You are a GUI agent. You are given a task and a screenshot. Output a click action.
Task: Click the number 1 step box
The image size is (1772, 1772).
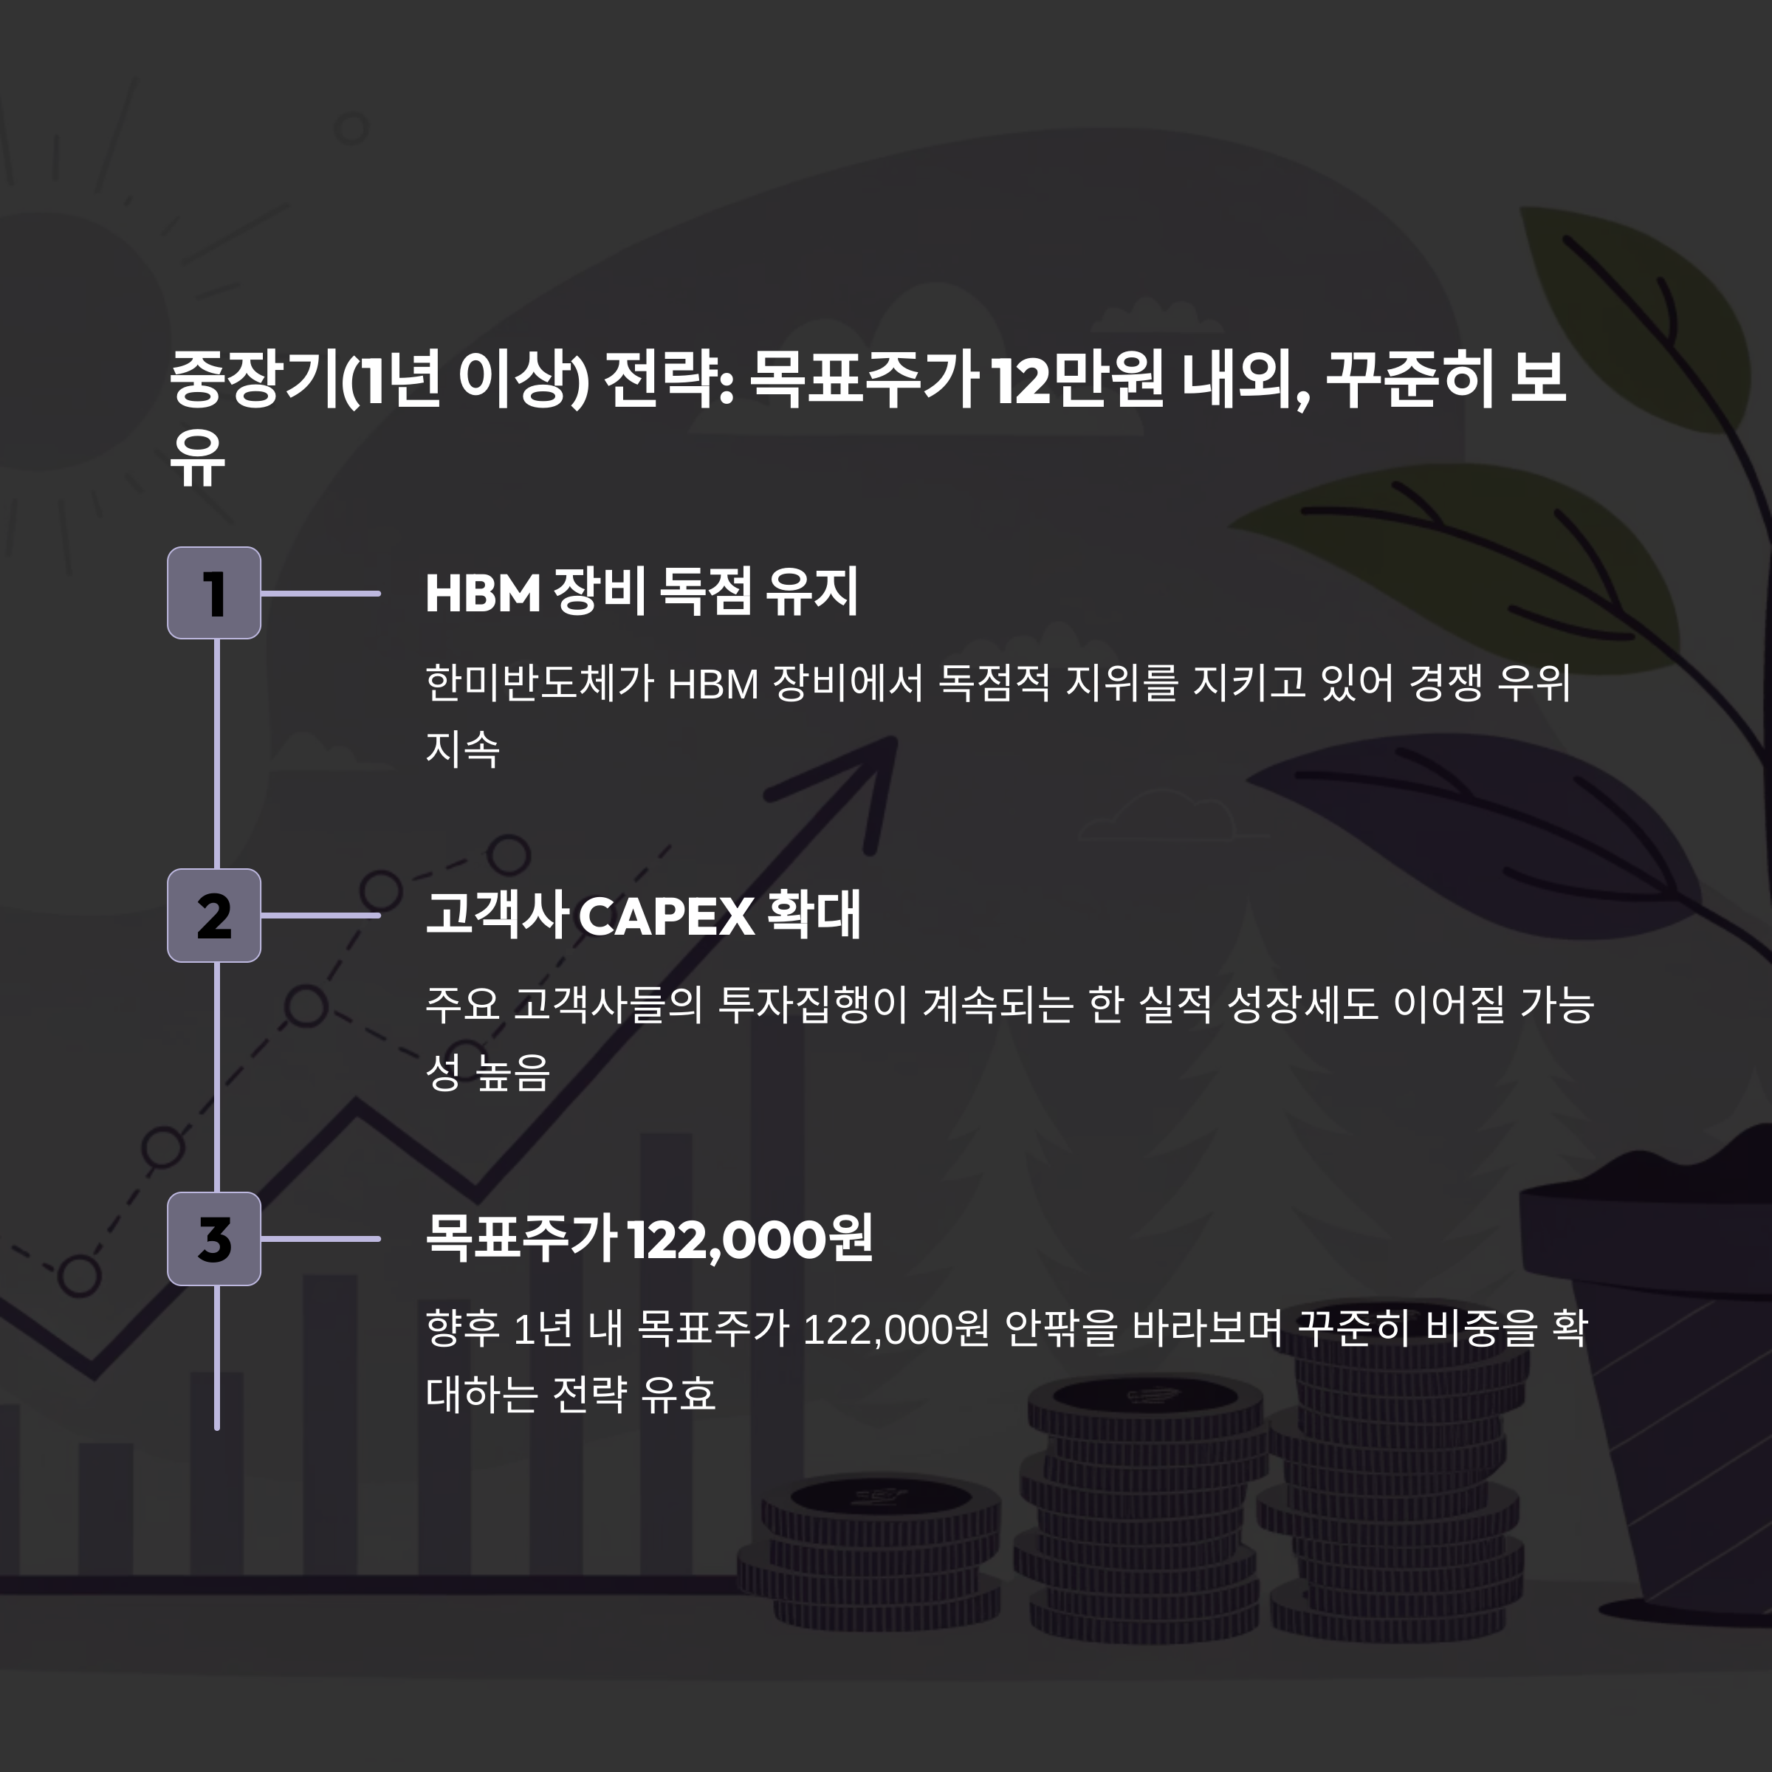(x=213, y=592)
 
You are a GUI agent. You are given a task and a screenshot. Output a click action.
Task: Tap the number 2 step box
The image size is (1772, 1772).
(x=213, y=916)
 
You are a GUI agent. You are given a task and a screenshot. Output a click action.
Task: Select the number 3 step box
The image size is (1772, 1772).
(x=213, y=1238)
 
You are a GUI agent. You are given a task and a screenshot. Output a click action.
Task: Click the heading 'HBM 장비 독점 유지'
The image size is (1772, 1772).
(x=641, y=591)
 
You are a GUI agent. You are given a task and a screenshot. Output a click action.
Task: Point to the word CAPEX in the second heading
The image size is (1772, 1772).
(x=667, y=916)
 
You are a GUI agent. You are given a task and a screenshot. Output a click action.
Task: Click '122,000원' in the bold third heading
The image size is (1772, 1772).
(x=749, y=1239)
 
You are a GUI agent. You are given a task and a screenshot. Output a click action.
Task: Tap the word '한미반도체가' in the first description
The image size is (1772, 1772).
(x=539, y=683)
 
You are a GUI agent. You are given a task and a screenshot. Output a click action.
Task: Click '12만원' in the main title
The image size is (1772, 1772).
(x=1078, y=379)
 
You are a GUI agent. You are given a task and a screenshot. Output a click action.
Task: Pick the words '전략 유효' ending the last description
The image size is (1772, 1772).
(x=633, y=1393)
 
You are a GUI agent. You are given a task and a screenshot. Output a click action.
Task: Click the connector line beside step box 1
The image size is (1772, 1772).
(x=320, y=594)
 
